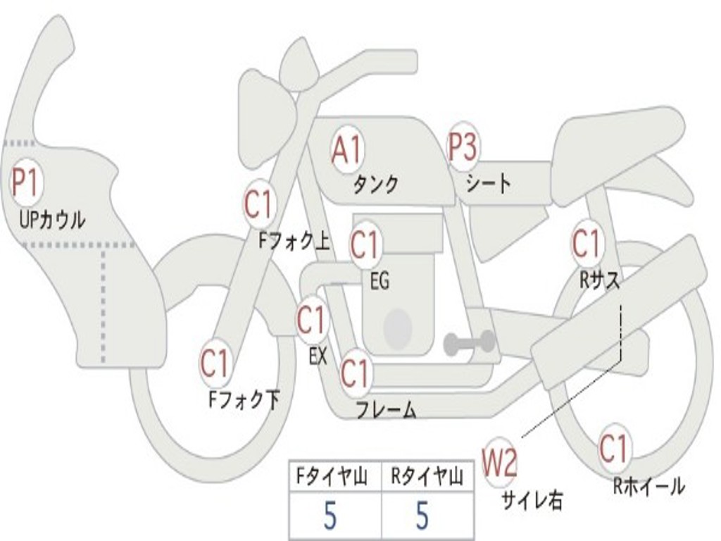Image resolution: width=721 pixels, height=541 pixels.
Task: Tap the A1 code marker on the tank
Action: click(347, 150)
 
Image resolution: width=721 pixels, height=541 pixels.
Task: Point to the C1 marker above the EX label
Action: click(311, 321)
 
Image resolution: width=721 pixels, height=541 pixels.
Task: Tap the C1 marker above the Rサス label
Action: click(586, 243)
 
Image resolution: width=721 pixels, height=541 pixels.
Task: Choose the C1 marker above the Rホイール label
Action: click(613, 449)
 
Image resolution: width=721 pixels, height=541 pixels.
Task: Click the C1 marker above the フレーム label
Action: click(355, 373)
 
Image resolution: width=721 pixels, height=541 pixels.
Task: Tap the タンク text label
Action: click(375, 185)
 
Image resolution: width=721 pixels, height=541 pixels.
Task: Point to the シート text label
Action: click(488, 184)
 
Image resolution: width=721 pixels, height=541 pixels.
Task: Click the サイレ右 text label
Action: click(532, 499)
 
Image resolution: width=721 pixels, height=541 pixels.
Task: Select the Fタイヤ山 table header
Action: click(331, 478)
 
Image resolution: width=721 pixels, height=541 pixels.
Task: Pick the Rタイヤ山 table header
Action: click(427, 478)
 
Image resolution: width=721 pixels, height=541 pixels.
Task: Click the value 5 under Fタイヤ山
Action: click(330, 516)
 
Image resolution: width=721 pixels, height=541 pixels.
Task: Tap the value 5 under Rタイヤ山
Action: click(422, 516)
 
